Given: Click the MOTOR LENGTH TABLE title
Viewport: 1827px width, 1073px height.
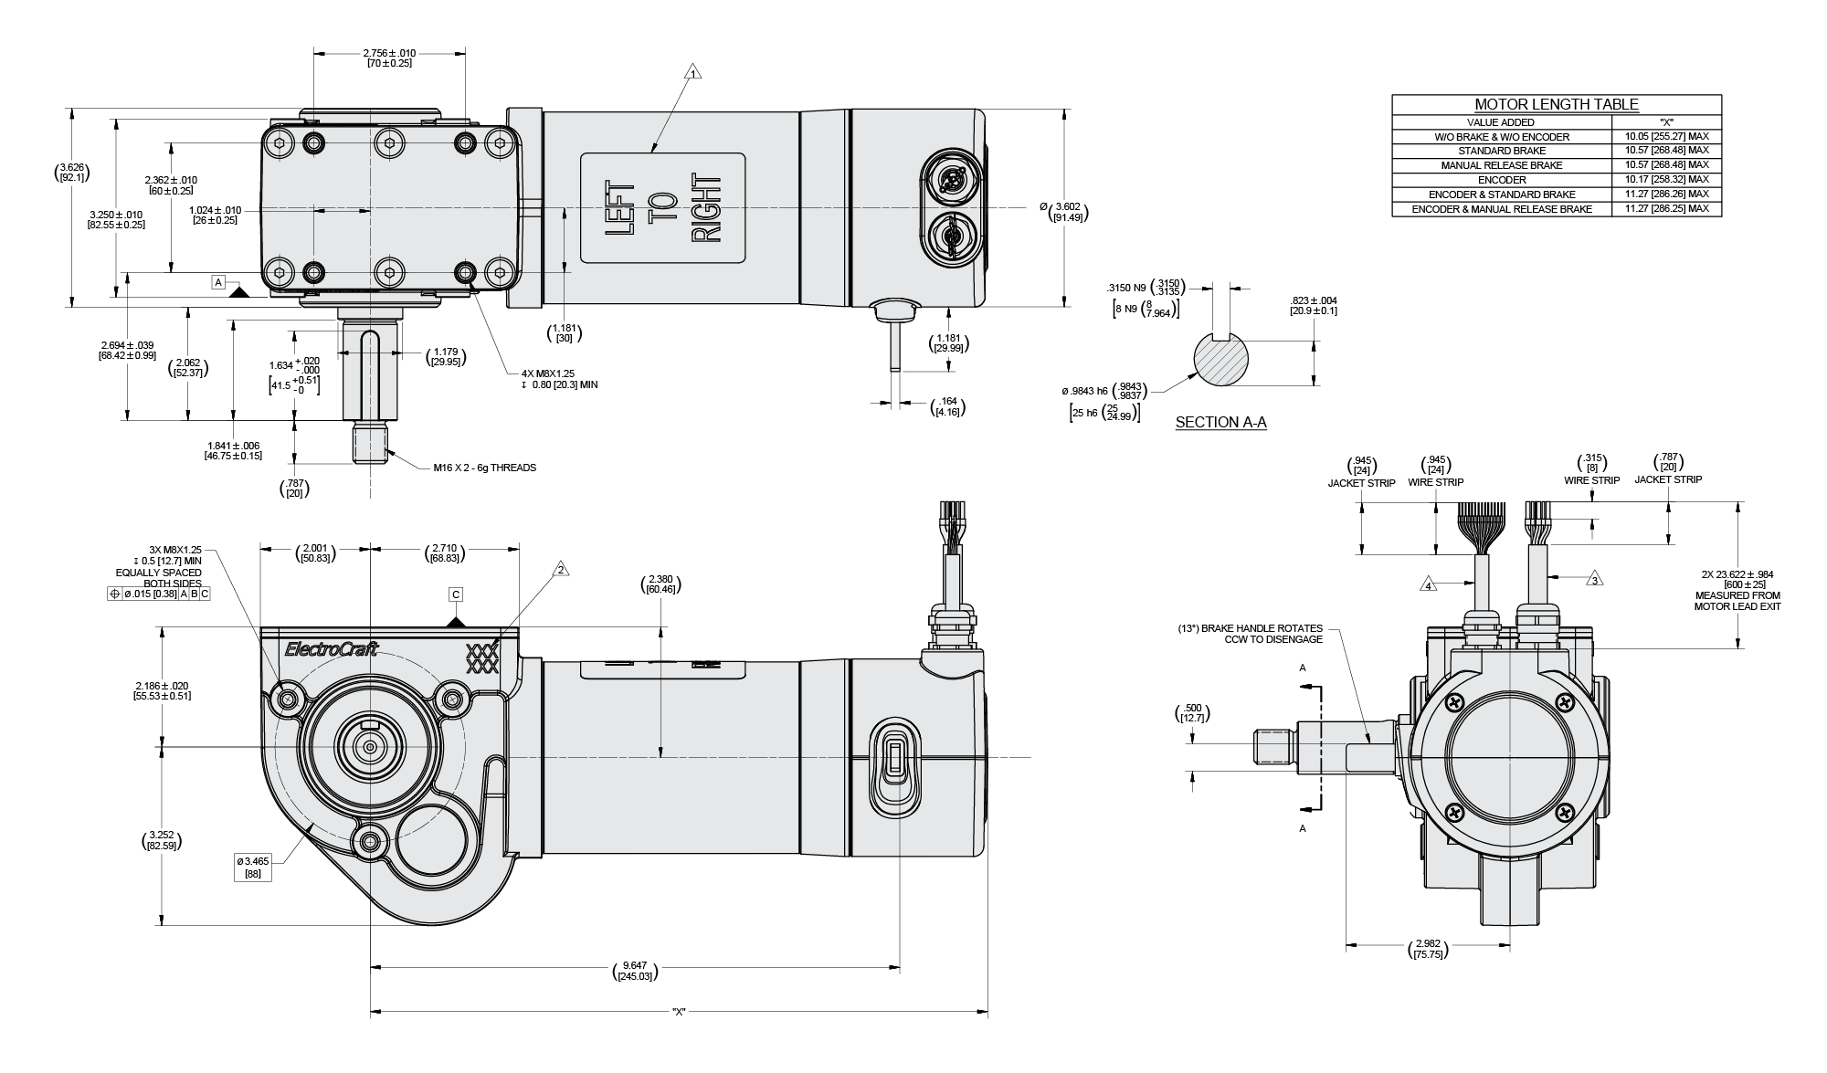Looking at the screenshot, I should [1556, 104].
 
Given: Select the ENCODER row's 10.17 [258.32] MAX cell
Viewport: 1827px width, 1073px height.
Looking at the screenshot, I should [1666, 180].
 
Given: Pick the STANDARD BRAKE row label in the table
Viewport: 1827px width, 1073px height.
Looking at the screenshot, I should [1501, 151].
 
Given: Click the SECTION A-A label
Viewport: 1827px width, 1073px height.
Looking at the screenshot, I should [1220, 423].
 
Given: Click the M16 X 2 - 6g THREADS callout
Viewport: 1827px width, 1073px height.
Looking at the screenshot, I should [484, 468].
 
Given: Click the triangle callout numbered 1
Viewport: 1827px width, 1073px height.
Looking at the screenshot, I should [693, 73].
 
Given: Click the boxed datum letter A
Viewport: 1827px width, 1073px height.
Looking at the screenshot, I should [218, 282].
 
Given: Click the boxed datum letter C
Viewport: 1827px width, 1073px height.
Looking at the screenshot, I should [456, 594].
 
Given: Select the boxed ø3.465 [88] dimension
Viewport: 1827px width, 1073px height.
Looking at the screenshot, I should [252, 868].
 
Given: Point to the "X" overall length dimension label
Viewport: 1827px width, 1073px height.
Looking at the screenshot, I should [678, 1012].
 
